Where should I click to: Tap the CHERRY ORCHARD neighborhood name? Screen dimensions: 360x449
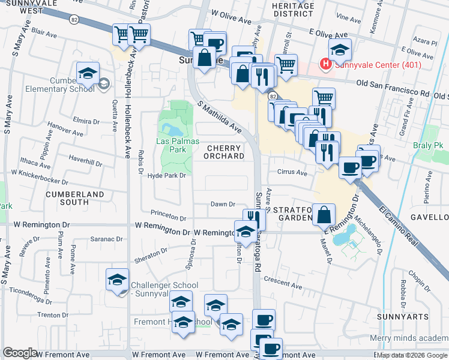coord(226,152)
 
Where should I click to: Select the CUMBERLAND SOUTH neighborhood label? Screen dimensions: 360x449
coord(75,199)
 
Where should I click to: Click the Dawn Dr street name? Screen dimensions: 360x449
coord(222,205)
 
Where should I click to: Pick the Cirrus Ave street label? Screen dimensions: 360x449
coord(292,173)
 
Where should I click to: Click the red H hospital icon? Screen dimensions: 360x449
coord(325,63)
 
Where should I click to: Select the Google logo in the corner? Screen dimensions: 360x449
coord(20,353)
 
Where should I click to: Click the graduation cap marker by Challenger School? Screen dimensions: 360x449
coord(117,280)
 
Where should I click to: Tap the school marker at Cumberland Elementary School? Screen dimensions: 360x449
coord(88,74)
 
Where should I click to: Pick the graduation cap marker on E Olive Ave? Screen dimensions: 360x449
coord(339,50)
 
